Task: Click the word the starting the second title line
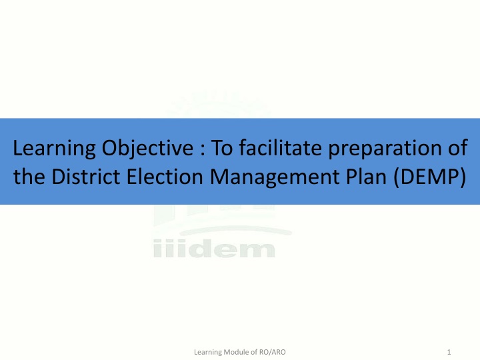[28, 177]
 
